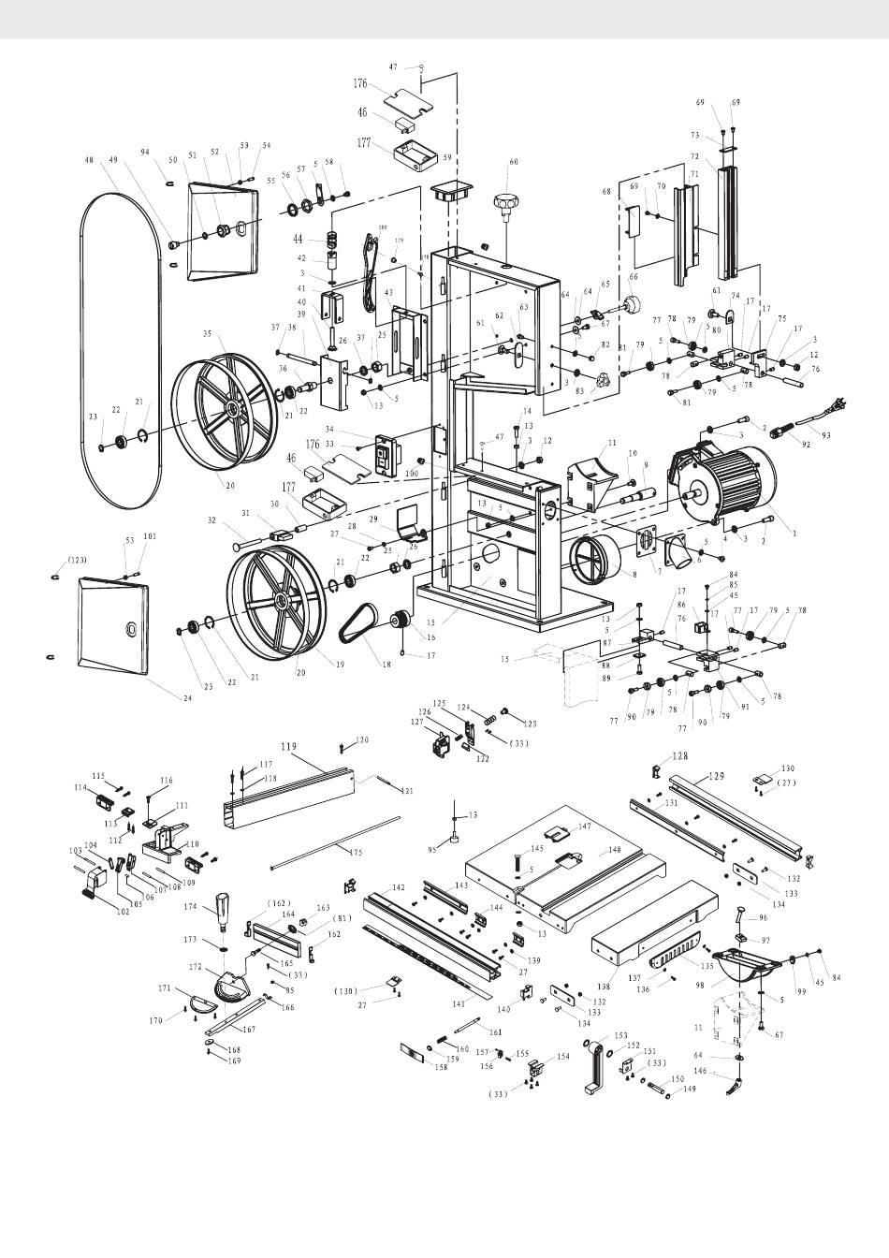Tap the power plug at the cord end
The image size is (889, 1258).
[841, 405]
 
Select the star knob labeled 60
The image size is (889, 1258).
[508, 201]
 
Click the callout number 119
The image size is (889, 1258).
[289, 748]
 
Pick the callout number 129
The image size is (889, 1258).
[716, 776]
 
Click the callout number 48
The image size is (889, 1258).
[89, 160]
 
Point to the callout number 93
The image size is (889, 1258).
[824, 435]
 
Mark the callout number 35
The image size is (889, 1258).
[207, 332]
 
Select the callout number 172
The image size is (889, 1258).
[196, 965]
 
